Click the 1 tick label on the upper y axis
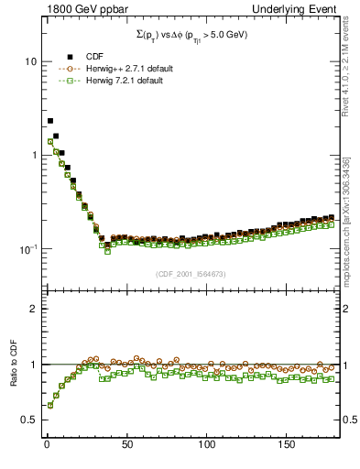click(x=30, y=155)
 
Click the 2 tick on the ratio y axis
click(x=30, y=309)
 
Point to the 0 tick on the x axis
click(x=46, y=444)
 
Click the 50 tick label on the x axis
click(x=126, y=444)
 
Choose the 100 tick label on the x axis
click(x=207, y=444)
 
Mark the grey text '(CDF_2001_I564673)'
click(x=191, y=273)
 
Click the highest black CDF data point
click(x=50, y=121)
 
